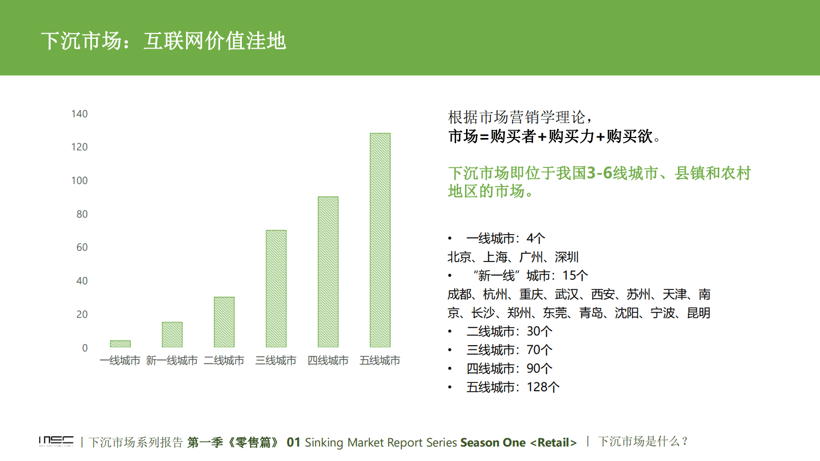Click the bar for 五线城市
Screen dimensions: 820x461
[x=380, y=240]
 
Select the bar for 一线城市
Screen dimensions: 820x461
[x=120, y=344]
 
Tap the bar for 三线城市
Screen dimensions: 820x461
[x=276, y=288]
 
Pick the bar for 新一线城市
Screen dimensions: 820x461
[x=172, y=334]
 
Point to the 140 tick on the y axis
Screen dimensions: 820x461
[x=80, y=114]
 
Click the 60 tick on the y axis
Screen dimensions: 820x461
[x=82, y=247]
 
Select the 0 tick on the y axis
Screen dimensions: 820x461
[x=85, y=348]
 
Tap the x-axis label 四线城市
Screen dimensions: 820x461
[x=328, y=361]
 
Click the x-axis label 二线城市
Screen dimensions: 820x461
[x=224, y=361]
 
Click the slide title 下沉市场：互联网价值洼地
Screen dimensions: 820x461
[x=163, y=41]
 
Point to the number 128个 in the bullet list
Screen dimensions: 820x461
[x=543, y=387]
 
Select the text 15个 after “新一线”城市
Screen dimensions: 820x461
[x=575, y=275]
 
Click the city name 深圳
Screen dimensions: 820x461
[x=567, y=257]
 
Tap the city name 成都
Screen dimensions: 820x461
[x=459, y=294]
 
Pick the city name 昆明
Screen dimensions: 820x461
[x=699, y=313]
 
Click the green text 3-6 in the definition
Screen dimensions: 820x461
[x=599, y=173]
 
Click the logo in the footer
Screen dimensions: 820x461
[x=56, y=441]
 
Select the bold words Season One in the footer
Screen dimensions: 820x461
[x=493, y=442]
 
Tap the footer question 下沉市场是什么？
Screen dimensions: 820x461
[x=643, y=441]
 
